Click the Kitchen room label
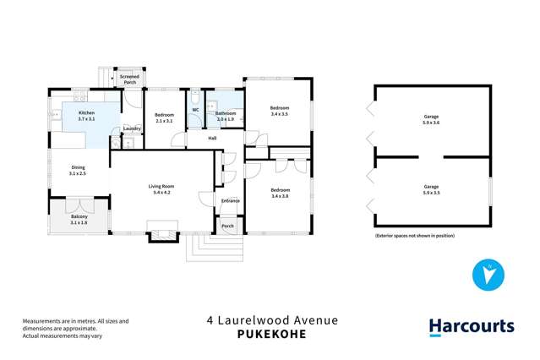pyautogui.click(x=86, y=116)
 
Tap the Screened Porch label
pyautogui.click(x=129, y=79)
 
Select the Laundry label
pyautogui.click(x=132, y=128)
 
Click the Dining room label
pyautogui.click(x=78, y=170)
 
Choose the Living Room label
pyautogui.click(x=161, y=189)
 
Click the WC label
pyautogui.click(x=194, y=110)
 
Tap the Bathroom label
pyautogui.click(x=225, y=116)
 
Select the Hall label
pyautogui.click(x=213, y=138)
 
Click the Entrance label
pyautogui.click(x=230, y=200)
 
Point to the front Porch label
pyautogui.click(x=227, y=226)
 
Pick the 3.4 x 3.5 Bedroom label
pyautogui.click(x=279, y=110)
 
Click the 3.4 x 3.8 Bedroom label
pyautogui.click(x=279, y=193)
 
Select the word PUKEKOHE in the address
pyautogui.click(x=272, y=334)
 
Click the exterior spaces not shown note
pyautogui.click(x=414, y=236)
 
